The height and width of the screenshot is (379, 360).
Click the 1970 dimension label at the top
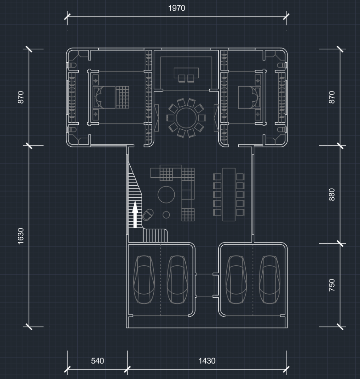click(x=176, y=8)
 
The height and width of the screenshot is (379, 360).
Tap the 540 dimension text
click(x=97, y=361)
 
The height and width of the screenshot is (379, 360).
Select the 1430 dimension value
click(x=207, y=361)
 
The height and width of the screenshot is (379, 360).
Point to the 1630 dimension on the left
click(x=21, y=236)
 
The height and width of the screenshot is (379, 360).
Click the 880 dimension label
click(x=332, y=195)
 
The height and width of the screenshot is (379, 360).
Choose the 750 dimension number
click(x=332, y=285)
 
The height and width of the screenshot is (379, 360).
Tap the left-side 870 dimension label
click(x=21, y=97)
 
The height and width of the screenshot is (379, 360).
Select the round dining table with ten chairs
click(x=186, y=118)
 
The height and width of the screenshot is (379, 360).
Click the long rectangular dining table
click(x=229, y=195)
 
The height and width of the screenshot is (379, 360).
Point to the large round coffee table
click(x=166, y=195)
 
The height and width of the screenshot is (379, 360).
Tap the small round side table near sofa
click(x=166, y=215)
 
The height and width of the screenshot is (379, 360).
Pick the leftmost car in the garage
click(x=144, y=279)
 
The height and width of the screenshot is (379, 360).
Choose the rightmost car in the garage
click(x=269, y=279)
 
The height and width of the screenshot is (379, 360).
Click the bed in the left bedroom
click(x=111, y=97)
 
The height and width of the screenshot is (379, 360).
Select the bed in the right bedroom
click(x=249, y=97)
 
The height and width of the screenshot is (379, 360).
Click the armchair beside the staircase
click(x=148, y=215)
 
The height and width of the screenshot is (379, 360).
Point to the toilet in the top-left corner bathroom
click(x=72, y=65)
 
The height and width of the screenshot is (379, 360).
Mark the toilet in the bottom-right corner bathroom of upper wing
click(x=281, y=130)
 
